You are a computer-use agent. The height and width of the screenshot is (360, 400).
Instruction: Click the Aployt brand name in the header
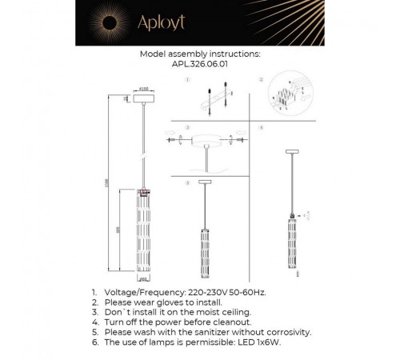coord(210,23)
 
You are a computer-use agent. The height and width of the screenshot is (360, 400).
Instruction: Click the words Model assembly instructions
coord(199,56)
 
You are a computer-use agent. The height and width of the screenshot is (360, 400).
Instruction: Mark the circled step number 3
coord(186,127)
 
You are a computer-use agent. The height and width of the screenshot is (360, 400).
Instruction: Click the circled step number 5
coord(186,182)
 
